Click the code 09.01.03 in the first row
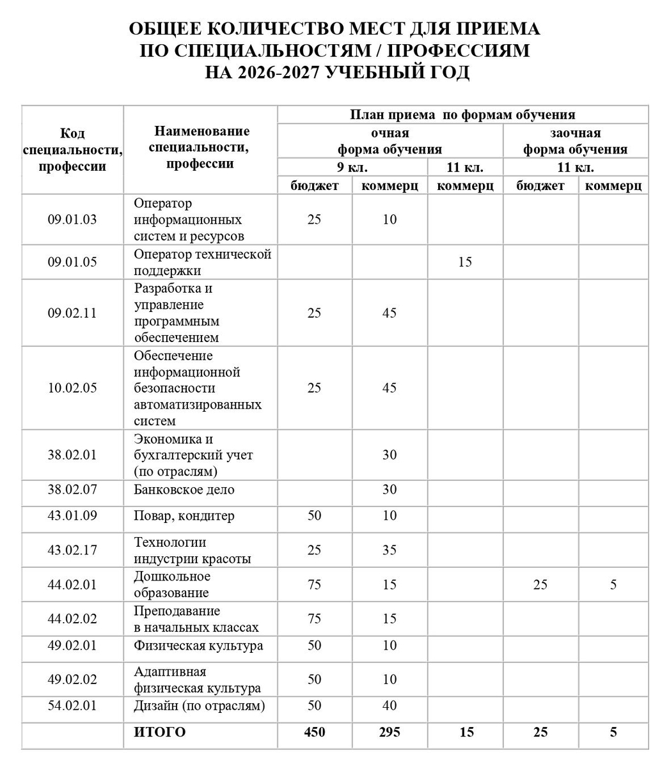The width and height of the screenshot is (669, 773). click(x=72, y=219)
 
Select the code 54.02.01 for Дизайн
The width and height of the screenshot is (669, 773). click(x=72, y=705)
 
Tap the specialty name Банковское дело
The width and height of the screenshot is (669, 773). click(x=184, y=490)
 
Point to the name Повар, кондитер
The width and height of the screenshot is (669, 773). click(x=184, y=516)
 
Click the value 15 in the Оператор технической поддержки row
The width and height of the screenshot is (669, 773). click(x=465, y=262)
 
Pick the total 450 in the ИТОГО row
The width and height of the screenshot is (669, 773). click(x=314, y=732)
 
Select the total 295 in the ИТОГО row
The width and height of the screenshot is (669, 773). click(x=390, y=732)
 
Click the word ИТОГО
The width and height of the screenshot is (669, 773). click(x=160, y=732)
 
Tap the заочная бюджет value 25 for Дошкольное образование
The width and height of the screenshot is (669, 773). click(x=540, y=584)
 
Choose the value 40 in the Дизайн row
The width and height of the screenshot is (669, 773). click(x=390, y=705)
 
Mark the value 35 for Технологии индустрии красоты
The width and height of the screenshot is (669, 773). click(x=390, y=550)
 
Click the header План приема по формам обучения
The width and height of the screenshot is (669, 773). click(x=462, y=114)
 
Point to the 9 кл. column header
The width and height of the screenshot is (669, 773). click(x=352, y=168)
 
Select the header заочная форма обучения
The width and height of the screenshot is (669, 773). click(x=575, y=141)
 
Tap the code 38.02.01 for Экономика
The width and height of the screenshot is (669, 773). click(x=72, y=455)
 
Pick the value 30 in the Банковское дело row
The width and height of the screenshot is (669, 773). click(x=390, y=490)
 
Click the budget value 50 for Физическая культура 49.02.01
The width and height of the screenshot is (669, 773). click(x=314, y=645)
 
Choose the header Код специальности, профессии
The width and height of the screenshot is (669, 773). click(x=72, y=150)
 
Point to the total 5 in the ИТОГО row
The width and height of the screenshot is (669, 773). click(x=613, y=732)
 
